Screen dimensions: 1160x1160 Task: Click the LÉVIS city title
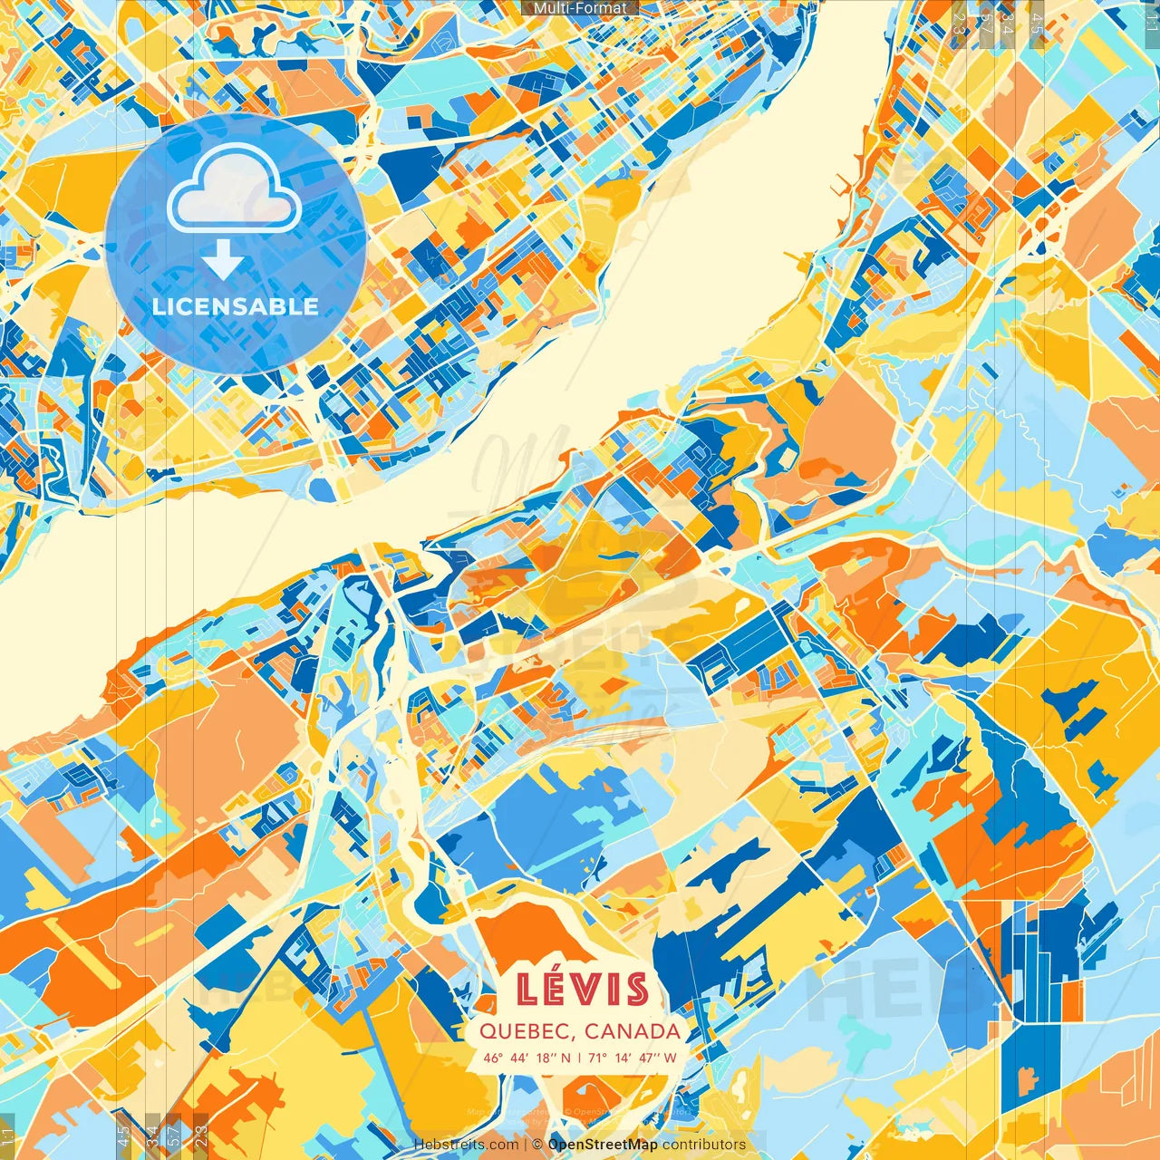pos(583,990)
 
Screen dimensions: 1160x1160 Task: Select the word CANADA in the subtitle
pos(633,1031)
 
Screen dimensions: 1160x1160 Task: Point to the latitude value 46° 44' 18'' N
pos(527,1058)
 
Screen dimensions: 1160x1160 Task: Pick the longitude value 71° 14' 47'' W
pos(633,1058)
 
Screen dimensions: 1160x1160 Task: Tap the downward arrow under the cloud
pos(223,261)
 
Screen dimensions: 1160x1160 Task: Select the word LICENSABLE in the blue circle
pos(236,306)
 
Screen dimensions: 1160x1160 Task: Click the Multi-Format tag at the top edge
pos(580,8)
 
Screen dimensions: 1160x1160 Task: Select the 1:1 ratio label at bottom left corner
pos(8,1136)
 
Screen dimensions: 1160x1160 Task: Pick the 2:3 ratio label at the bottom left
pos(200,1136)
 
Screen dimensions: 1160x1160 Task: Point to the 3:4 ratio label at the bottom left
pos(151,1136)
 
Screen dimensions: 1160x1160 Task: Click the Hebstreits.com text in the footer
pos(466,1145)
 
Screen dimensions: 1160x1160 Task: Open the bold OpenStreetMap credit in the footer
pos(603,1145)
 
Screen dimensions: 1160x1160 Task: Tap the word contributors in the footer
pos(704,1145)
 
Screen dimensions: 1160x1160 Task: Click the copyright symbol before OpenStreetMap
pos(538,1145)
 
